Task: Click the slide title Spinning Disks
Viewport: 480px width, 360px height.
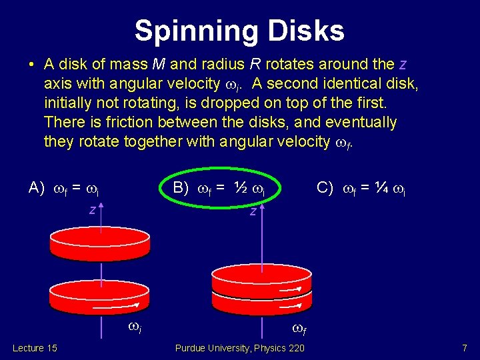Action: tap(239, 31)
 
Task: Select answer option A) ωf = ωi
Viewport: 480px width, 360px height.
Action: tap(64, 189)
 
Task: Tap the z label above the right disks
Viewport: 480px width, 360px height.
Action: tap(253, 212)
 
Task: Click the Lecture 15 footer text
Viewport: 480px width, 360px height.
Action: tap(35, 348)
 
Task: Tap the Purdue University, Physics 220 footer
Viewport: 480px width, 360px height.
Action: tap(239, 348)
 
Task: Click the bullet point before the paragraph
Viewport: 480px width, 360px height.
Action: tap(31, 65)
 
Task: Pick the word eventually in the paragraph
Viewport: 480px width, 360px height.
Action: tap(361, 123)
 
